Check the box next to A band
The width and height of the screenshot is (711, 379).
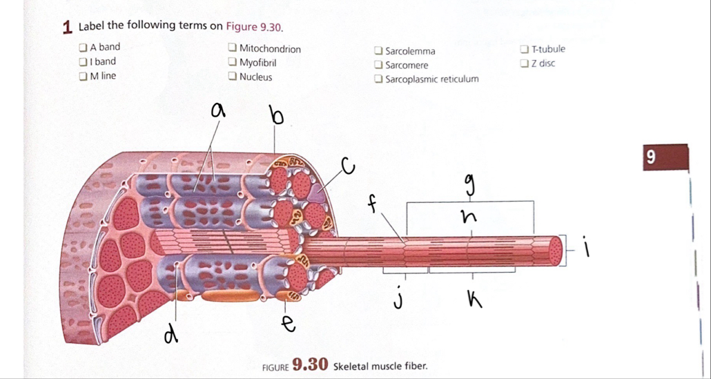click(x=83, y=48)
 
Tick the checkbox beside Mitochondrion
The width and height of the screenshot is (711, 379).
click(x=233, y=49)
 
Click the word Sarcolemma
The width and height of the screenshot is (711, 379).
click(x=410, y=51)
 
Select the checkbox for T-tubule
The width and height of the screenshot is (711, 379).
click(x=525, y=49)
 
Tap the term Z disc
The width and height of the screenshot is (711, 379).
click(x=543, y=64)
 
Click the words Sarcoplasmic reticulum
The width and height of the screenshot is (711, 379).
click(x=431, y=79)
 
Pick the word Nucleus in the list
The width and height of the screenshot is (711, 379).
click(x=255, y=77)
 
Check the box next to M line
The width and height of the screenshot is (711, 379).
click(x=83, y=76)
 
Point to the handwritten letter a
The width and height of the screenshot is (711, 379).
click(x=218, y=110)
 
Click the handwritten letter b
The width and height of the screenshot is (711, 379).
click(x=276, y=116)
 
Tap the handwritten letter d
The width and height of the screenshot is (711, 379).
click(x=168, y=334)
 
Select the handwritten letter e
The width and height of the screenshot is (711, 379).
click(x=290, y=322)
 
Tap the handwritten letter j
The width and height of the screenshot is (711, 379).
click(x=398, y=300)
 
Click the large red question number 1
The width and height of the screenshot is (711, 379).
click(x=67, y=27)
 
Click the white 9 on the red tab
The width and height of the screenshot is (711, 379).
click(x=648, y=158)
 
